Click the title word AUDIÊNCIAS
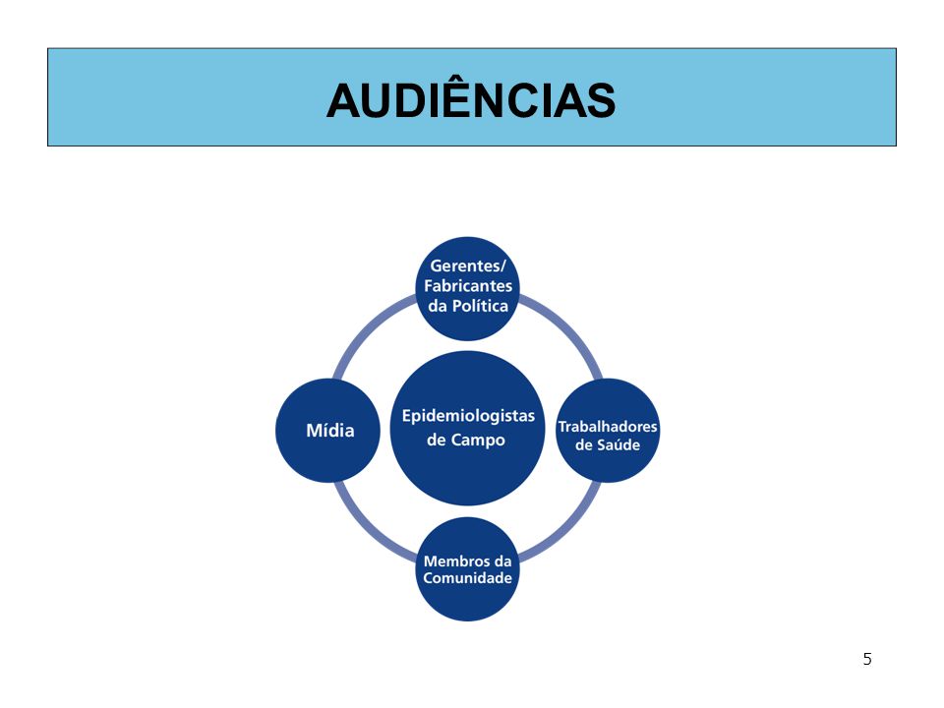coord(471,99)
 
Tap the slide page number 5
coord(867,659)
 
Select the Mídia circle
coord(328,431)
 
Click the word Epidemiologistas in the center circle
coord(468,417)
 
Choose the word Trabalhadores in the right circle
coord(608,427)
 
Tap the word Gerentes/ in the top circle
coord(468,266)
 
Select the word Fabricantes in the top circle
coord(468,286)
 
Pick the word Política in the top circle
coord(480,306)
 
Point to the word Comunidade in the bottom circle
coord(467,578)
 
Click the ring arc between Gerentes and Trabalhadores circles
coord(567,328)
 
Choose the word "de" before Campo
coord(436,441)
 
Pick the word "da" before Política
coord(438,306)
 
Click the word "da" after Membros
coord(502,561)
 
